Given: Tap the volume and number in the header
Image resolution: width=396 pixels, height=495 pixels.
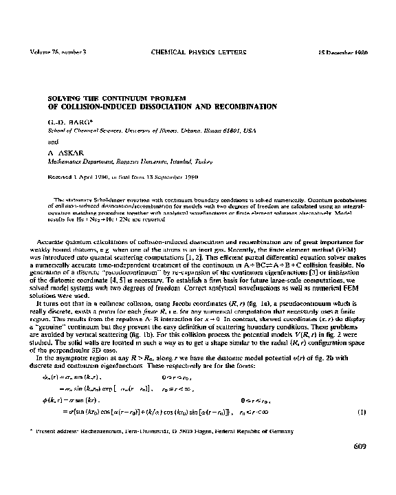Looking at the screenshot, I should pos(58,52).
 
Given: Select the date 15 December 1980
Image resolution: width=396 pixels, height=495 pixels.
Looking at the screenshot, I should pos(343,52).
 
